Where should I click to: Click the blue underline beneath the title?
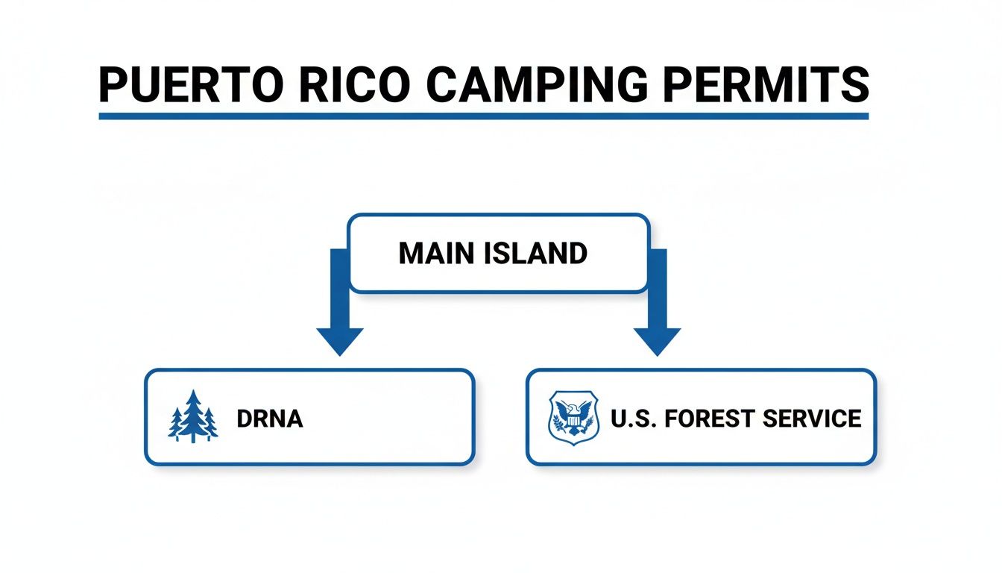(x=484, y=116)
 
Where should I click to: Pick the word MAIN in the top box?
(x=435, y=254)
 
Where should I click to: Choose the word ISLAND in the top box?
(x=535, y=254)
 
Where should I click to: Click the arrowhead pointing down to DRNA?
(x=339, y=339)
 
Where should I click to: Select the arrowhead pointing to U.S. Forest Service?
(x=657, y=339)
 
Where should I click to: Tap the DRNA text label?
(x=269, y=419)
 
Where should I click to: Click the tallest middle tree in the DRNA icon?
(x=193, y=413)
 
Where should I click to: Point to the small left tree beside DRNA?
(x=176, y=423)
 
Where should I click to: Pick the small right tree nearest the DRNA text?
(x=210, y=423)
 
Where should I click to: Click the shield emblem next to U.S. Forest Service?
(x=573, y=418)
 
